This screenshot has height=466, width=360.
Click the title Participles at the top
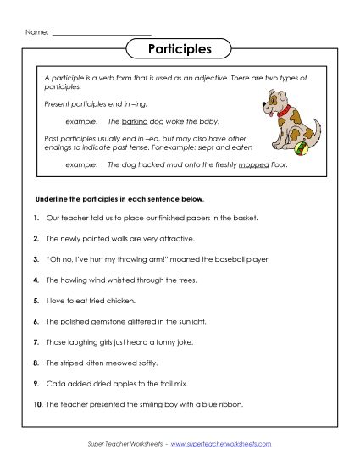pyautogui.click(x=180, y=48)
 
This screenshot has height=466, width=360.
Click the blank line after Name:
pyautogui.click(x=102, y=33)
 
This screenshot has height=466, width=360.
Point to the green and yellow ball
pyautogui.click(x=297, y=155)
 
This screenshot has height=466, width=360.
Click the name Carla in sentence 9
pyautogui.click(x=57, y=384)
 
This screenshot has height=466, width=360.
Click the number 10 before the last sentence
pyautogui.click(x=38, y=404)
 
